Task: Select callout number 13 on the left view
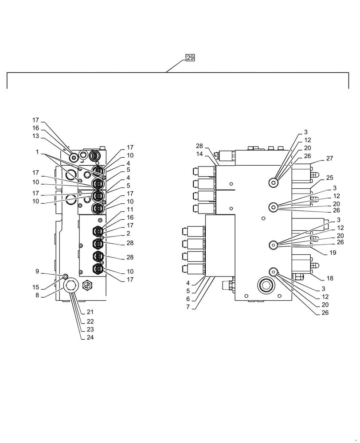pos(35,136)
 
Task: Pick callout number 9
pos(38,271)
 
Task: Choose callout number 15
pos(36,287)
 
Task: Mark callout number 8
pos(38,295)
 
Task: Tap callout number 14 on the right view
pos(200,154)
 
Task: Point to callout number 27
pos(329,158)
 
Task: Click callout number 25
pos(329,178)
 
